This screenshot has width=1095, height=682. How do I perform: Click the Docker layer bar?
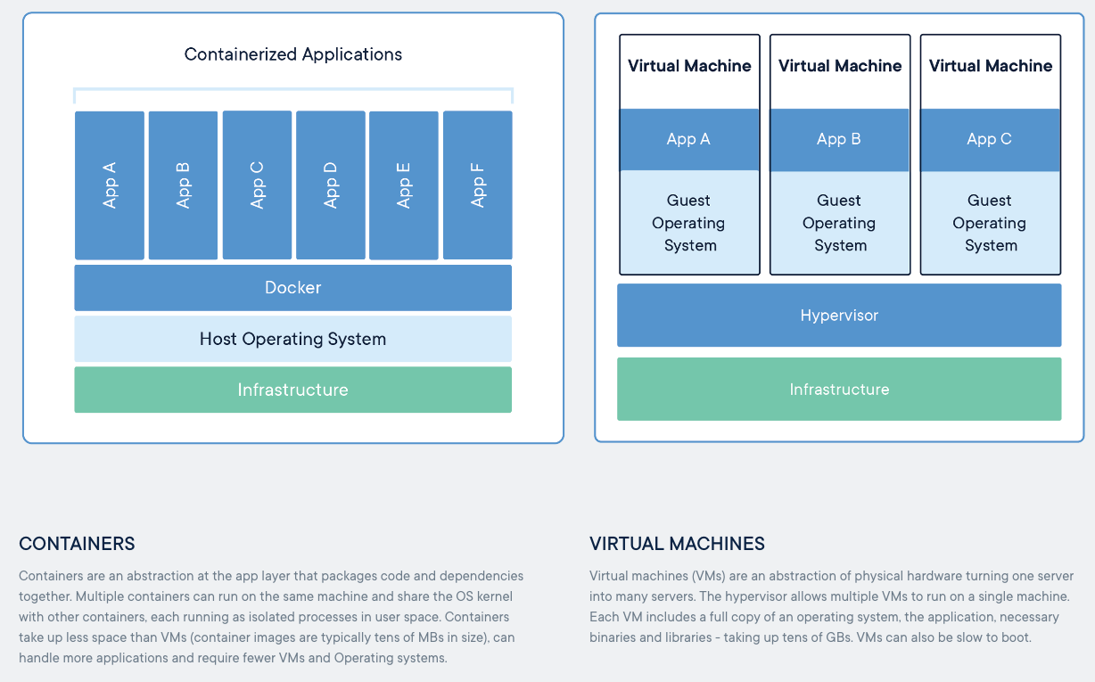[x=292, y=287]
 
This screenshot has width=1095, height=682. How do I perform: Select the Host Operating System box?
[x=292, y=339]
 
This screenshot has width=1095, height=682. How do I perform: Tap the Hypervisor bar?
[x=839, y=316]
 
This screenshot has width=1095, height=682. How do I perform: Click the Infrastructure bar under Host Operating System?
[x=292, y=390]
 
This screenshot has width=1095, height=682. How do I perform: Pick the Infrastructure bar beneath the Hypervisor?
[x=839, y=390]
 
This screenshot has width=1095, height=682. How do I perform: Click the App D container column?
[x=331, y=185]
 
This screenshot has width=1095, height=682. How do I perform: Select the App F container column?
[x=478, y=185]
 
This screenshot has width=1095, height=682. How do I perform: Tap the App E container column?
[x=404, y=185]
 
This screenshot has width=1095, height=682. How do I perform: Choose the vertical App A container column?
[x=110, y=185]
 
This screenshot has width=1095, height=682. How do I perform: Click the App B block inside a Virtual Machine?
[x=839, y=140]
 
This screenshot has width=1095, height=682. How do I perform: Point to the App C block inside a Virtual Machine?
[x=990, y=140]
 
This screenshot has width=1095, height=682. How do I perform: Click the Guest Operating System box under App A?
[x=689, y=222]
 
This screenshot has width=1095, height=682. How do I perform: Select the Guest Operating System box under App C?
[x=990, y=223]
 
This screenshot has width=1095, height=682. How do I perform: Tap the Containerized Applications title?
[x=292, y=54]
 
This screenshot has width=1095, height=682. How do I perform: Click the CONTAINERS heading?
[x=77, y=544]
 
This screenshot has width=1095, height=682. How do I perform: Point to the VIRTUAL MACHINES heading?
[x=677, y=544]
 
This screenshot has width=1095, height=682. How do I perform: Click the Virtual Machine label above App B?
[x=840, y=65]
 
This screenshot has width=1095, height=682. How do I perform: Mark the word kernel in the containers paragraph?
[x=495, y=596]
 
